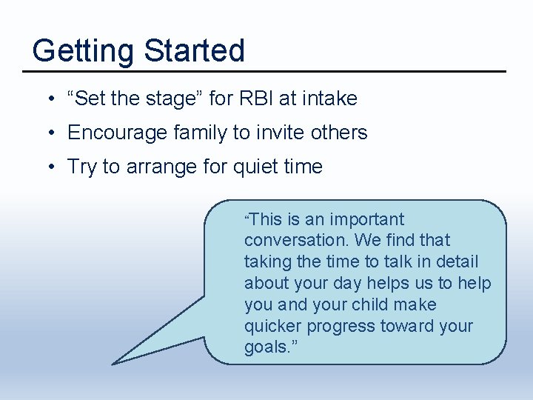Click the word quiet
tap(258, 167)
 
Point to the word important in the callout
tap(366, 220)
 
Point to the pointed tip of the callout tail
tap(113, 363)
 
